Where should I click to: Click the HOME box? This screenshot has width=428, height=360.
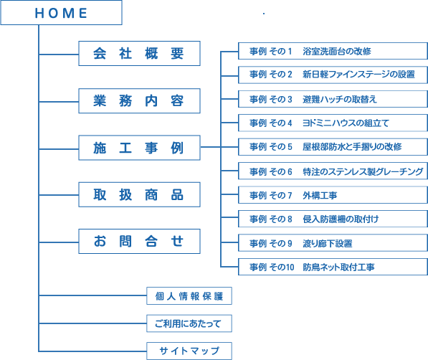tap(61, 13)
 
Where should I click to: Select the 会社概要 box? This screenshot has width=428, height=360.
tap(139, 54)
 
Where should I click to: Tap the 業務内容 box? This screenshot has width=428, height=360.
tap(139, 101)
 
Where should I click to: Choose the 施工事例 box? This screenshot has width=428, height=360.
tap(139, 148)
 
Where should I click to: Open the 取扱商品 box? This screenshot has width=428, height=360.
tap(139, 195)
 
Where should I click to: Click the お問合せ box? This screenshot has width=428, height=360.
tap(139, 242)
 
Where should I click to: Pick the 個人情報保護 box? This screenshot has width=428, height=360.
tap(189, 295)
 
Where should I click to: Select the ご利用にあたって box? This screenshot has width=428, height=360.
tap(189, 323)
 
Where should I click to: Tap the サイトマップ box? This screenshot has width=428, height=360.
tap(189, 351)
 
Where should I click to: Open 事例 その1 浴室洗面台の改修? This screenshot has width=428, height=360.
tap(333, 51)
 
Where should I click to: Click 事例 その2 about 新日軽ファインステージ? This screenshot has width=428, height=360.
tap(333, 75)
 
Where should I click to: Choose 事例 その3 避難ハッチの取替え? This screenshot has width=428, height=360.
tap(333, 99)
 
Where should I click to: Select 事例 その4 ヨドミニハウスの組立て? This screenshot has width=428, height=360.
tap(333, 123)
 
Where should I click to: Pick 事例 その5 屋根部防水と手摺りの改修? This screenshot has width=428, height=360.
tap(333, 147)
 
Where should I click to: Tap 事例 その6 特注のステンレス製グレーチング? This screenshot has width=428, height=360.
tap(333, 171)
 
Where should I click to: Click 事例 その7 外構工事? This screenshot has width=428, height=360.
tap(333, 195)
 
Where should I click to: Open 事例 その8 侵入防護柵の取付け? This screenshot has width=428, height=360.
tap(333, 219)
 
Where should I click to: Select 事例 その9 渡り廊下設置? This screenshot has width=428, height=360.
tap(333, 243)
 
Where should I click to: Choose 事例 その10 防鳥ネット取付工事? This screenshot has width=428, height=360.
tap(333, 267)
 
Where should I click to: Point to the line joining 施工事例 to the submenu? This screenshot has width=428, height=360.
tap(211, 147)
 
